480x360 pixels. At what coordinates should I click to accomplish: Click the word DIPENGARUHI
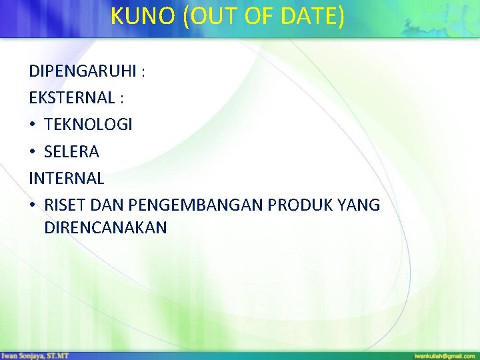pos(82,71)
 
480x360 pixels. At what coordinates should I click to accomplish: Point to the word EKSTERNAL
pos(71,97)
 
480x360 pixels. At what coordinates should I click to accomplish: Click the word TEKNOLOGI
pos(88,125)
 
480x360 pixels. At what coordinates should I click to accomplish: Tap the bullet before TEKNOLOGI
pos(33,125)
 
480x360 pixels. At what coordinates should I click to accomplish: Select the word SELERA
pos(71,152)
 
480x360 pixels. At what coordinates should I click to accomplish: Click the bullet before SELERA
pos(33,152)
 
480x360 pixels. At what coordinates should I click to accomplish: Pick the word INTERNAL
pos(66,179)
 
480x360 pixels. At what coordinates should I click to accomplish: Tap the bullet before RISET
pos(33,205)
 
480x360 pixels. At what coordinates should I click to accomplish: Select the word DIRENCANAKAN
pos(105,228)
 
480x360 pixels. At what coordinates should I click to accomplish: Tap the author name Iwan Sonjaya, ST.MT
pos(35,356)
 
